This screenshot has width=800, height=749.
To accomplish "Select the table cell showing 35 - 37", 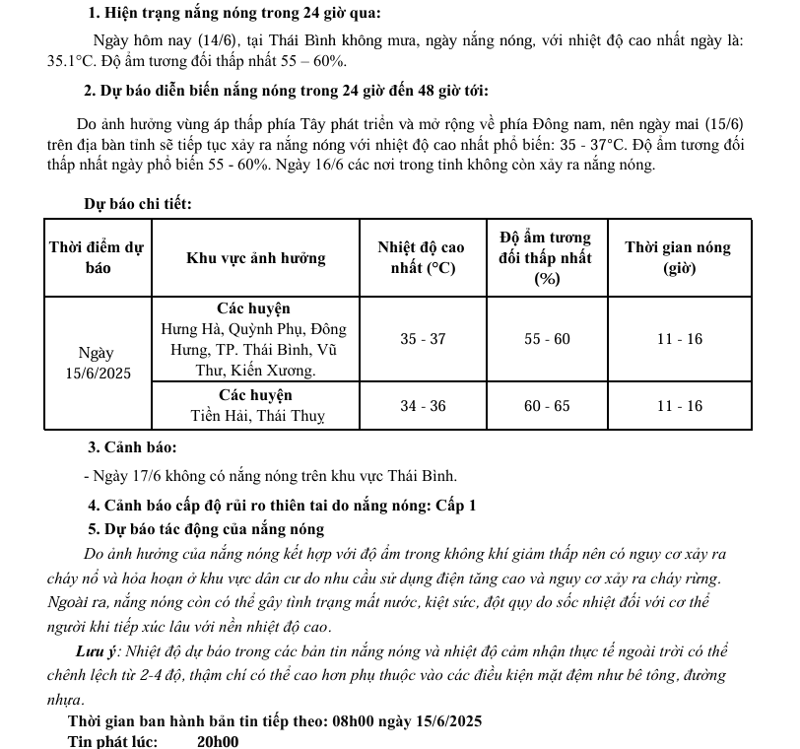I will tap(423, 339).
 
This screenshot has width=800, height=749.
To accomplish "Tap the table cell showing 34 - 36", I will tap(423, 406).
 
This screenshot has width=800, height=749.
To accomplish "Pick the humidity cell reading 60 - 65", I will tap(547, 406).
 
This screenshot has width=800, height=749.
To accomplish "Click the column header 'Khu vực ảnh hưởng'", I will tap(256, 258).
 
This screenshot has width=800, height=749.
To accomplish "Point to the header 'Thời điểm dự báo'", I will tap(99, 258).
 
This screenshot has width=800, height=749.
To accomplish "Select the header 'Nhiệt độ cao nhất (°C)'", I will tap(423, 258).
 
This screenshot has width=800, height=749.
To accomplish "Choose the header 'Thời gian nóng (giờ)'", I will tap(679, 258).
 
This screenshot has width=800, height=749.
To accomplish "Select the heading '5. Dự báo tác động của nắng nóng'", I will tap(206, 529).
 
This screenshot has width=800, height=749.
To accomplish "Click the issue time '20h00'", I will tap(218, 741).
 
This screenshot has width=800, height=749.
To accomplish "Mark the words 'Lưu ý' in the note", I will tap(97, 652).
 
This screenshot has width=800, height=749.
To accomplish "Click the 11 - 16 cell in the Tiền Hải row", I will tap(679, 406).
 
